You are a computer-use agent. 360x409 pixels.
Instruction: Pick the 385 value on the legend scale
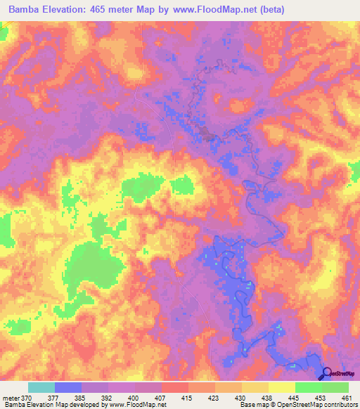point(81,397)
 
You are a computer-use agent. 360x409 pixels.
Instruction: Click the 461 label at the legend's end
point(347,397)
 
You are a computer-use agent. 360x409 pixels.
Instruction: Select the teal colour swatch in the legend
point(41,387)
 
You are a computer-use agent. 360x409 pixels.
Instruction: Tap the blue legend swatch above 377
point(68,387)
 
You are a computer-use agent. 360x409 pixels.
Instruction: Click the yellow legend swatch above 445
point(282,387)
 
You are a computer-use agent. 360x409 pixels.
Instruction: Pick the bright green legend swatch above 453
point(309,387)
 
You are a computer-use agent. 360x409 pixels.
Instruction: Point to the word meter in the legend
point(11,397)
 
